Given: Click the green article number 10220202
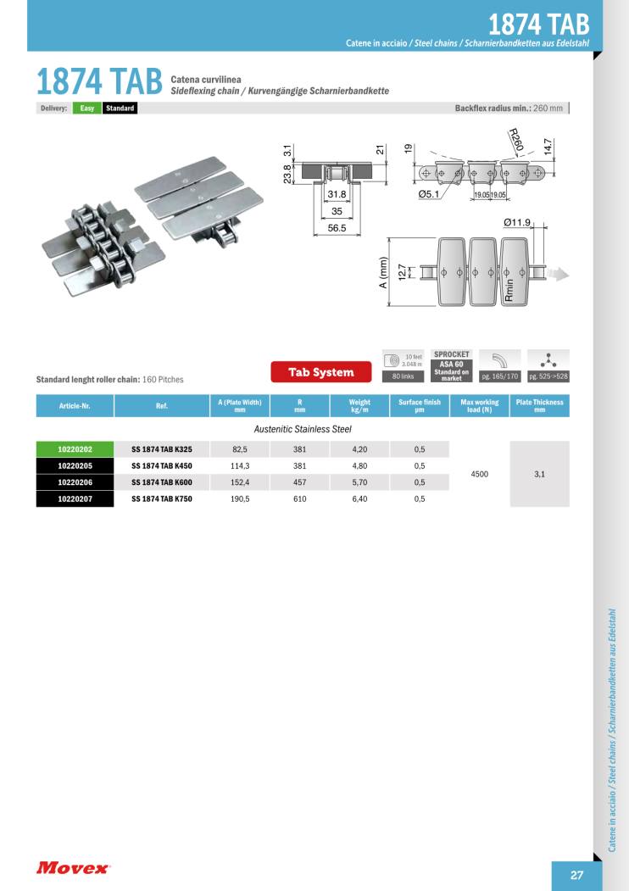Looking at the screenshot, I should click(75, 449).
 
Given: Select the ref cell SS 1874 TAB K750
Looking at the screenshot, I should click(162, 499).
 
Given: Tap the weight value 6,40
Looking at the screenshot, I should click(359, 499).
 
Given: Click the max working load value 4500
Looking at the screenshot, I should click(479, 475).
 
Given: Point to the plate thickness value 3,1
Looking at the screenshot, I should click(539, 475).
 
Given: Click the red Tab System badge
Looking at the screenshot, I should click(323, 372).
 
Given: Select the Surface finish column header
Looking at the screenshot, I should click(420, 405).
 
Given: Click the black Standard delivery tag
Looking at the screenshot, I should click(120, 109).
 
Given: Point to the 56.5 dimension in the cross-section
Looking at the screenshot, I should click(337, 228).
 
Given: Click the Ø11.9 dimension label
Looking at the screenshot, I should click(517, 223).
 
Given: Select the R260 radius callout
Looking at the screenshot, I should click(515, 140).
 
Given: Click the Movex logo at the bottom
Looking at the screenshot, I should click(73, 867).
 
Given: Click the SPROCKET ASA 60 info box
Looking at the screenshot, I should click(451, 365).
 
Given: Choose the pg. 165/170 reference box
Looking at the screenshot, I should click(500, 375).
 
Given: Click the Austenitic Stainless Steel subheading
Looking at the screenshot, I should click(303, 430).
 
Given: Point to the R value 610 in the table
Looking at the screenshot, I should click(299, 499).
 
